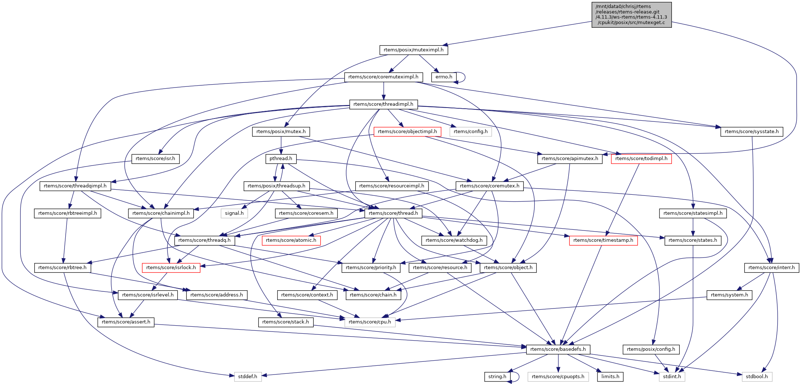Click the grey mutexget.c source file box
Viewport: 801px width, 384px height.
click(631, 15)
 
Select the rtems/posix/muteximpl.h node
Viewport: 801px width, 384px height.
click(413, 50)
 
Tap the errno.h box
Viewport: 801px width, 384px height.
click(444, 77)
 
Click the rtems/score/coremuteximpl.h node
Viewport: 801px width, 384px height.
click(383, 77)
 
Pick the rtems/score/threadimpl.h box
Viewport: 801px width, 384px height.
click(383, 104)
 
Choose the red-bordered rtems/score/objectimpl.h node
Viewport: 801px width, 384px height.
click(407, 132)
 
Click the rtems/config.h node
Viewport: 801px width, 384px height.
click(471, 132)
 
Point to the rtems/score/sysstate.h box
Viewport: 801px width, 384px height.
click(751, 132)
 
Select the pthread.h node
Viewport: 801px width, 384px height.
click(281, 159)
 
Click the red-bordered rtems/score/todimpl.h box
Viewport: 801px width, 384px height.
click(641, 159)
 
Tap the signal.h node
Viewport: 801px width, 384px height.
click(234, 213)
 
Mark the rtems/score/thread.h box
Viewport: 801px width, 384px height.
click(393, 213)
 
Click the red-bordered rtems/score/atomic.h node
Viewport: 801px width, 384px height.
click(291, 240)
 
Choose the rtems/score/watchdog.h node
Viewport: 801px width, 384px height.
click(454, 240)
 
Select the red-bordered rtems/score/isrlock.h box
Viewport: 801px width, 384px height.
click(171, 268)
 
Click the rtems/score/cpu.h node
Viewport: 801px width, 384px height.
click(370, 322)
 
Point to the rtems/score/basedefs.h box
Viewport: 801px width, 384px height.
click(558, 349)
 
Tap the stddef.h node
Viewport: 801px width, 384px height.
click(248, 377)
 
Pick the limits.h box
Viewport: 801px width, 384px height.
click(610, 377)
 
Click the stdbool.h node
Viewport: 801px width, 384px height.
click(757, 377)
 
